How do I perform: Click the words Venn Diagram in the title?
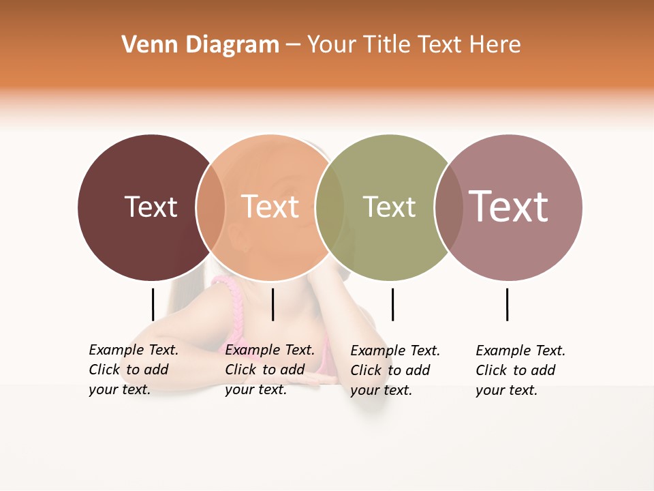[x=200, y=45]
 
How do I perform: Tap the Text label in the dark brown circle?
[x=151, y=207]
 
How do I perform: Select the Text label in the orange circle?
[x=270, y=207]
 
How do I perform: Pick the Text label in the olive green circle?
[x=389, y=207]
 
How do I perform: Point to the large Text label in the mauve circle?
[x=508, y=206]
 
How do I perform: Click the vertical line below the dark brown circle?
[x=153, y=304]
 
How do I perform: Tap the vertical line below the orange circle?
[x=272, y=304]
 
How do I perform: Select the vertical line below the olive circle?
[x=392, y=304]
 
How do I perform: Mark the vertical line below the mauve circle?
[x=507, y=304]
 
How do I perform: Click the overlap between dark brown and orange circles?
[x=211, y=207]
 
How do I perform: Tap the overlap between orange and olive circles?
[x=330, y=207]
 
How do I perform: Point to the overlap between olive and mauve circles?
[x=448, y=207]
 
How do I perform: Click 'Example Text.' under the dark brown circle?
[x=134, y=350]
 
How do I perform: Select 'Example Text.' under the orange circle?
[x=270, y=350]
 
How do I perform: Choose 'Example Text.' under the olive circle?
[x=395, y=351]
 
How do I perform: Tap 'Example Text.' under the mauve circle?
[x=520, y=351]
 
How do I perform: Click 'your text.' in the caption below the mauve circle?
[x=506, y=390]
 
